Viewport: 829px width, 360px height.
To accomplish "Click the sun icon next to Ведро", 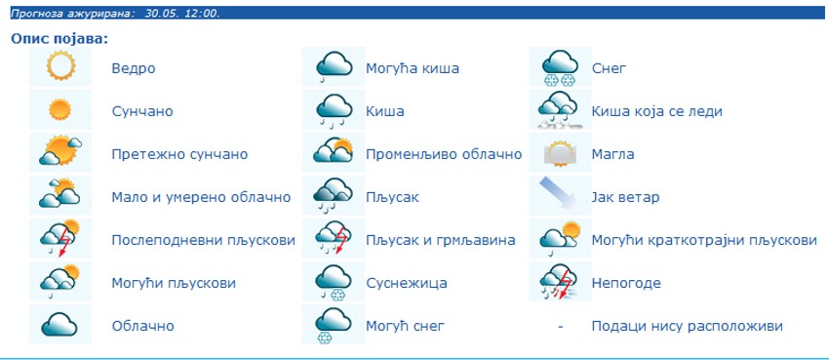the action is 60,65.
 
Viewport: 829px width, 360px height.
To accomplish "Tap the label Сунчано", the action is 142,111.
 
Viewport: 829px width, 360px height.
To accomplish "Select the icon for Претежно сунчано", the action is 60,151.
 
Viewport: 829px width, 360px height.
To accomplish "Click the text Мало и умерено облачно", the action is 201,198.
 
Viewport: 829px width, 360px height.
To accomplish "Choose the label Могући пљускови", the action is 174,283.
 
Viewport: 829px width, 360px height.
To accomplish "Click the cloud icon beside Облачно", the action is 59,324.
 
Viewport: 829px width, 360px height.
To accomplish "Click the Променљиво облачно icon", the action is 334,150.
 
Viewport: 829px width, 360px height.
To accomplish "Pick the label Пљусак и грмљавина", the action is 441,241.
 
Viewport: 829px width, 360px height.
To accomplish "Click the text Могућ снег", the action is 405,326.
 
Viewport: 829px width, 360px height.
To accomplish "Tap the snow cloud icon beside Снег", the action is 560,67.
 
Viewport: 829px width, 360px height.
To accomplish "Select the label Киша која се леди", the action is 656,111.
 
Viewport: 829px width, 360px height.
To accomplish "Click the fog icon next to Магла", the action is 560,154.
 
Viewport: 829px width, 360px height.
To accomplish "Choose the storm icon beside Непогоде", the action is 560,282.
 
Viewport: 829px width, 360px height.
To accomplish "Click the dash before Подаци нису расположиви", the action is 560,326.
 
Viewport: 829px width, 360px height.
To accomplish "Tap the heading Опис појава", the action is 59,39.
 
